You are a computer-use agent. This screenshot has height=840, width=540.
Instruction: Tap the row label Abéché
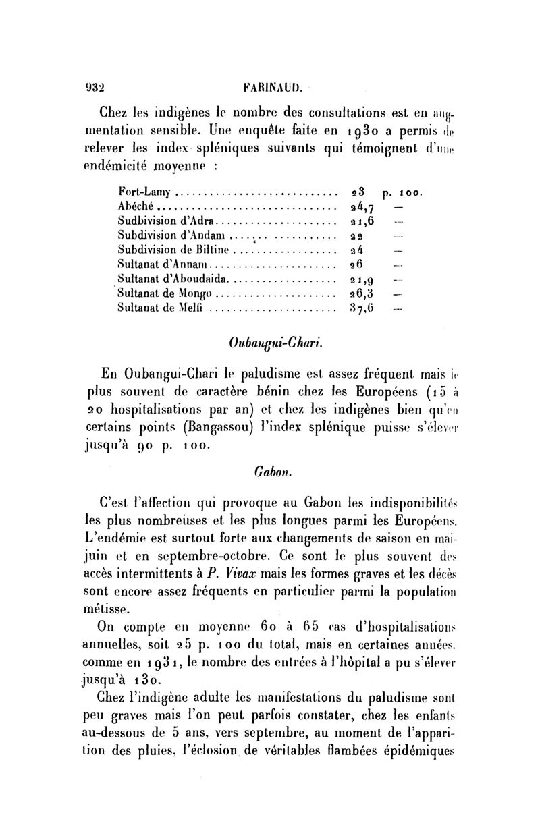tap(136, 206)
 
